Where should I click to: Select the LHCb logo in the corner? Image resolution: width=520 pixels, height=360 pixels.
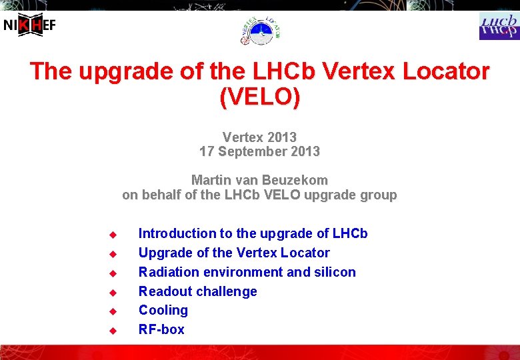click(x=499, y=26)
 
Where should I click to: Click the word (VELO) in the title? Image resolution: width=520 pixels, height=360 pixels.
click(x=259, y=97)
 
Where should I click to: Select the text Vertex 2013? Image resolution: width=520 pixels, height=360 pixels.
click(x=259, y=137)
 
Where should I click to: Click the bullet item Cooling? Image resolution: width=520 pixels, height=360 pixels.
click(x=163, y=310)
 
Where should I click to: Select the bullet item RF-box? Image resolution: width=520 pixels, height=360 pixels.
click(x=161, y=329)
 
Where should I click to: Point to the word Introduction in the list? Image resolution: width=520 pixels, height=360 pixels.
click(x=176, y=233)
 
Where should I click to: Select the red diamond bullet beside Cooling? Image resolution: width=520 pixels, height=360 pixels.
click(x=113, y=311)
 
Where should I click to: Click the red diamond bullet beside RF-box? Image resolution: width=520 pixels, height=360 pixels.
click(x=113, y=331)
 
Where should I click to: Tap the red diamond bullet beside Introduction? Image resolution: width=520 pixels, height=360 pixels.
click(x=113, y=235)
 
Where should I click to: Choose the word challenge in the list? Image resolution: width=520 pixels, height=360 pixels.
click(x=226, y=291)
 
